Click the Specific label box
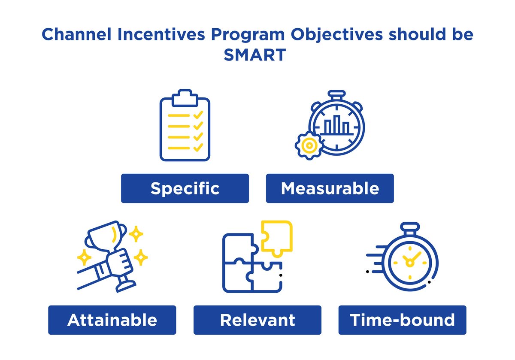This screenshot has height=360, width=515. [x=185, y=188]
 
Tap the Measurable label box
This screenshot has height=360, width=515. [x=330, y=188]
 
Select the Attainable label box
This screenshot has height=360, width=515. [x=112, y=320]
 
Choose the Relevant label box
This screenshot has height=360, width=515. [x=257, y=320]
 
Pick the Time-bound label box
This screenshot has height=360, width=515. [x=402, y=320]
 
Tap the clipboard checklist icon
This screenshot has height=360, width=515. [x=185, y=125]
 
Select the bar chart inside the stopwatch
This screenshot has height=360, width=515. [x=337, y=125]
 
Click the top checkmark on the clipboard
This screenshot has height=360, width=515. [x=198, y=115]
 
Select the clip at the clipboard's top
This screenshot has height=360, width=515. [x=185, y=98]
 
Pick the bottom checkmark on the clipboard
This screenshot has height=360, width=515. [x=198, y=148]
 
